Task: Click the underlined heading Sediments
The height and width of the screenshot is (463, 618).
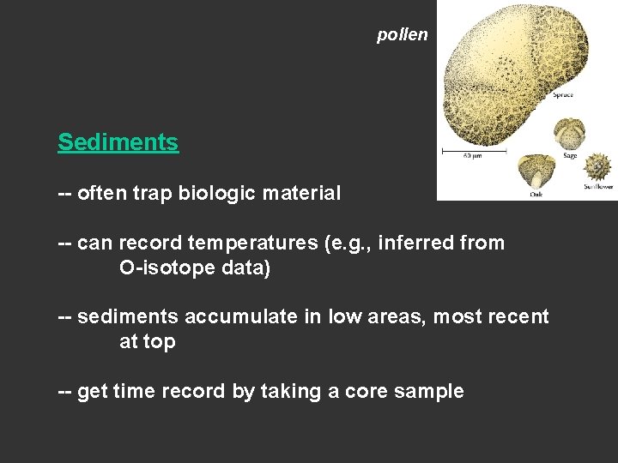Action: (x=118, y=142)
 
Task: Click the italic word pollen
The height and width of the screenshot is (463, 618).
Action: (x=402, y=35)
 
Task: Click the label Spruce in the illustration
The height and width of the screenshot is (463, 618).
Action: (x=563, y=95)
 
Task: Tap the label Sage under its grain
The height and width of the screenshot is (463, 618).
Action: (x=570, y=156)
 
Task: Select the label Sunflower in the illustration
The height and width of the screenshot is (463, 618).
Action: (x=598, y=186)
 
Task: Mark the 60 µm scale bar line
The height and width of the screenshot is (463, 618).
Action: (x=472, y=151)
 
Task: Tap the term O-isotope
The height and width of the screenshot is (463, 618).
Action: (x=168, y=268)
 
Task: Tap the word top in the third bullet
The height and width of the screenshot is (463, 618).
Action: (x=160, y=342)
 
